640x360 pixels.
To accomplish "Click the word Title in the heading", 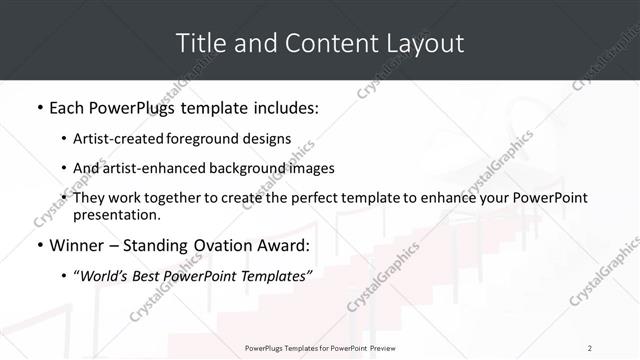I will [x=200, y=44].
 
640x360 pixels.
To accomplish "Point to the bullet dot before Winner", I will [x=38, y=245].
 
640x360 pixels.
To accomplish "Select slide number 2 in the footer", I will [x=590, y=348].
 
